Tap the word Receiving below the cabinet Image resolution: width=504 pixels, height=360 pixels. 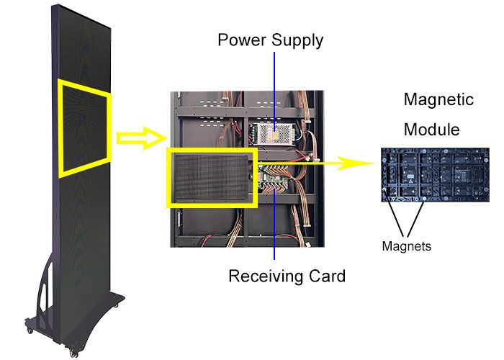point(261,275)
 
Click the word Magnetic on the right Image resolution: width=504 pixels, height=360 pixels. point(439,99)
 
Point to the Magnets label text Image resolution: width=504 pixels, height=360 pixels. point(407,246)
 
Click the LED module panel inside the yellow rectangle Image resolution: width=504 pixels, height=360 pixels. point(212,177)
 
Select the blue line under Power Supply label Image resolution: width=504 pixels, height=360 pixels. point(274,86)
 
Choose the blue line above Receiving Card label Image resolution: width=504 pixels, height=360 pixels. point(274,238)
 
